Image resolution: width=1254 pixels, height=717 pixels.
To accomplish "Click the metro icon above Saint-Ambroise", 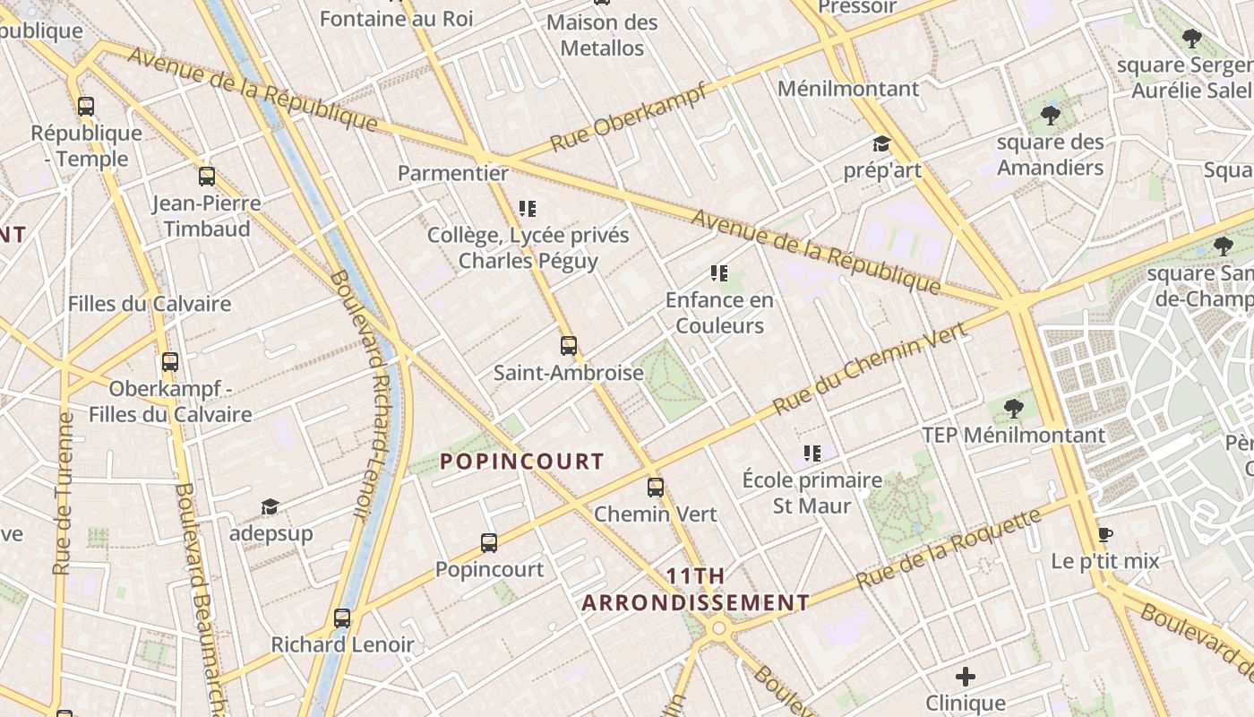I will tap(568, 345).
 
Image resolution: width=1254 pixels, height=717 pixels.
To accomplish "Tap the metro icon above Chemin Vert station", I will tap(656, 488).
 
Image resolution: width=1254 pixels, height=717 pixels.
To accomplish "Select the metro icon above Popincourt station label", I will tap(488, 542).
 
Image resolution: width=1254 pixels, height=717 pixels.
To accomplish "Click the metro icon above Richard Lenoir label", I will tap(341, 618).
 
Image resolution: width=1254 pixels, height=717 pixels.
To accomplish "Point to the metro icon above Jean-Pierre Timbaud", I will tap(206, 176).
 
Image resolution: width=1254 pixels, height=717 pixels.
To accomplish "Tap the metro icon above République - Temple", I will tap(85, 107).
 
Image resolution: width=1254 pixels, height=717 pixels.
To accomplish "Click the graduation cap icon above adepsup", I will tap(270, 507).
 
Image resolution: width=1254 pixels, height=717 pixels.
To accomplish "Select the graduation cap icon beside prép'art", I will tap(881, 144).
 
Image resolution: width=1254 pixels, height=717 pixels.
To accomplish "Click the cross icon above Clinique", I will tap(965, 676).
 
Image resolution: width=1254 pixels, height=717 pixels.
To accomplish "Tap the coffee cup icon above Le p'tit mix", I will tap(1105, 535).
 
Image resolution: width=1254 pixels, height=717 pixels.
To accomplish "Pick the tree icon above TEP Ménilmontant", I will tap(1013, 409).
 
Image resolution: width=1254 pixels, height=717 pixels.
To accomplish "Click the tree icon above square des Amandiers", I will tap(1050, 115).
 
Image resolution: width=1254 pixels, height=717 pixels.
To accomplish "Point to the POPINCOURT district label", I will tap(522, 462).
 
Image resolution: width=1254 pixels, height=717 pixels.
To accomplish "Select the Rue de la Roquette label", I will tap(949, 548).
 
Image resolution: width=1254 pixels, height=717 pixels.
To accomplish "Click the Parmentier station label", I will tap(452, 173).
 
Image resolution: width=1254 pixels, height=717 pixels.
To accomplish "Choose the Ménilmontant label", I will tap(847, 89).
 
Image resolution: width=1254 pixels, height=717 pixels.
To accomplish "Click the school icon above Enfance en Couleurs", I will tap(718, 272).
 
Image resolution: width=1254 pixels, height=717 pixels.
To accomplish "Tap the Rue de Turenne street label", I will tap(63, 493).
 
